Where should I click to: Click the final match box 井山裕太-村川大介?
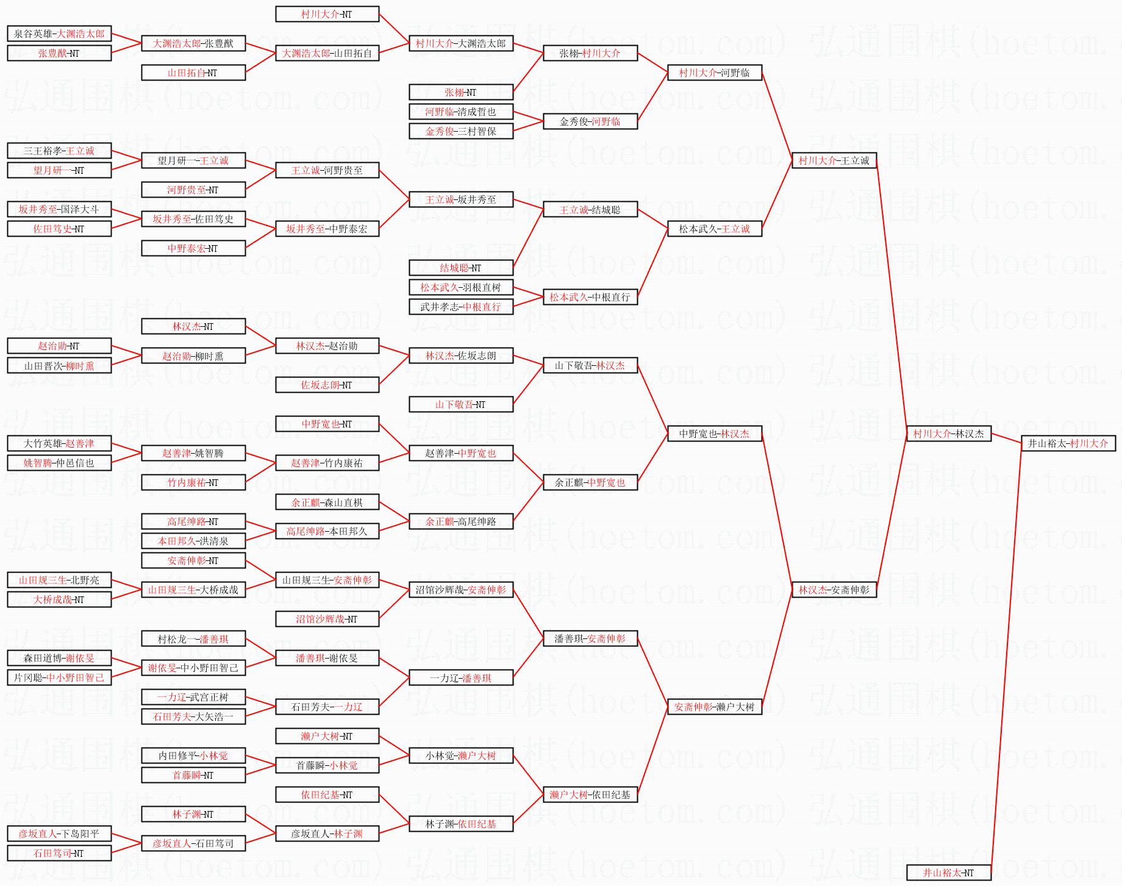tap(1068, 443)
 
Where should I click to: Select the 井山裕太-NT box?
tap(948, 873)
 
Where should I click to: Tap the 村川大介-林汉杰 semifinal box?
tap(948, 434)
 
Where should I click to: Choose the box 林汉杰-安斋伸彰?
tap(834, 590)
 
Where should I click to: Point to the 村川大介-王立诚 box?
tap(834, 160)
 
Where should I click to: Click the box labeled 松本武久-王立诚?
tap(715, 229)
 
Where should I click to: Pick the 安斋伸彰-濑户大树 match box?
tap(715, 707)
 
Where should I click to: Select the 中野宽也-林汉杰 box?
tap(715, 434)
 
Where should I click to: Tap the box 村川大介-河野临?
tap(715, 73)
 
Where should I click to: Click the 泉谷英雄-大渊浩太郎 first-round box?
tap(59, 34)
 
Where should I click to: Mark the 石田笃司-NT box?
tap(59, 853)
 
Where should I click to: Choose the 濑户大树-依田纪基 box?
tap(590, 795)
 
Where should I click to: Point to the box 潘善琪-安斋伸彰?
tap(590, 638)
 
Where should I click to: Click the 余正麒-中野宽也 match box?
tap(590, 482)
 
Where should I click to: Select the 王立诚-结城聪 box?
tap(590, 210)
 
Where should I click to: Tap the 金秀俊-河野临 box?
tap(590, 121)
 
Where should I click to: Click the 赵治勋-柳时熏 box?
tap(193, 355)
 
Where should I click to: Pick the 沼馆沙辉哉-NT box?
tap(327, 619)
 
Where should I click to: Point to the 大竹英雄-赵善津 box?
tap(59, 443)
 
